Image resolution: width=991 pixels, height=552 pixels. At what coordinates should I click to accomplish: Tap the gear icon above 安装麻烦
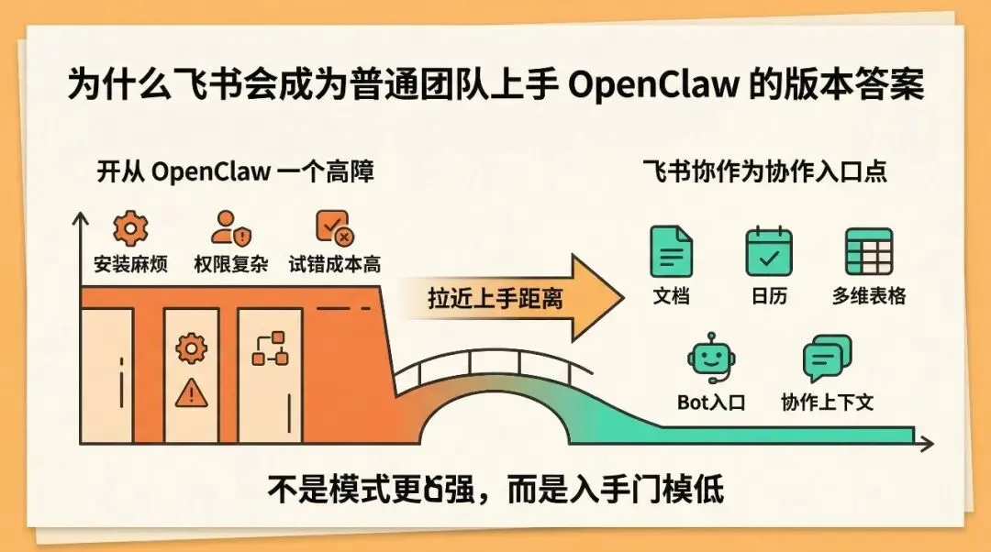click(130, 226)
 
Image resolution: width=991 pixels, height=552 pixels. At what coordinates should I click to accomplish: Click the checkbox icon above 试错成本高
click(333, 226)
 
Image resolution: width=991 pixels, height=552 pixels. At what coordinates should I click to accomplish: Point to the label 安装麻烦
click(130, 265)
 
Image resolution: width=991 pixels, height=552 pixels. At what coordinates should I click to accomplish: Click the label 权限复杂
click(230, 265)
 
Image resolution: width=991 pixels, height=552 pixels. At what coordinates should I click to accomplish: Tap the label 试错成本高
click(334, 265)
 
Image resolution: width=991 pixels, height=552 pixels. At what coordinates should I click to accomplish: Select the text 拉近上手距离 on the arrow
click(495, 298)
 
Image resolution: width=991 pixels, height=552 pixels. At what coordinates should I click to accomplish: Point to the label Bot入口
click(712, 402)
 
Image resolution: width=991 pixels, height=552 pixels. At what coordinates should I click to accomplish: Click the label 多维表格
click(869, 296)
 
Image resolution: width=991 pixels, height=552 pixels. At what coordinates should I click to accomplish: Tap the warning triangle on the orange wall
click(191, 392)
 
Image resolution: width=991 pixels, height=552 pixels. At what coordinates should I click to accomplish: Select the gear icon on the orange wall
click(191, 348)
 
